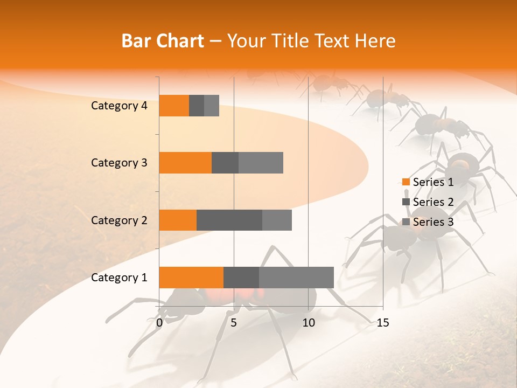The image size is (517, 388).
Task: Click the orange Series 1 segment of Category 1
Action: [191, 277]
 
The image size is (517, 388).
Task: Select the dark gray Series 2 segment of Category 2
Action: [229, 220]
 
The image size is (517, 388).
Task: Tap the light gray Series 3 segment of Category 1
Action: [296, 277]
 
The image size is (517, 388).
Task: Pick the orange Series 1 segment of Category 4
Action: [174, 106]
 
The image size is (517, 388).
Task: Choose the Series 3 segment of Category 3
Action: [261, 163]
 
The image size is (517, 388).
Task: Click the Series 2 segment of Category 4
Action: [197, 106]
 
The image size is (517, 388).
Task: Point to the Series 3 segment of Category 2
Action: [277, 220]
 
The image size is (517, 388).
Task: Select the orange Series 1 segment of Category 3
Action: [185, 163]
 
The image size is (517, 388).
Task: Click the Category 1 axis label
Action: [119, 278]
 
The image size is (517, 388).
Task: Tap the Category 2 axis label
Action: [119, 220]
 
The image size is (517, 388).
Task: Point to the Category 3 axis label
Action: [119, 163]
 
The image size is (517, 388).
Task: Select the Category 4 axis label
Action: [119, 106]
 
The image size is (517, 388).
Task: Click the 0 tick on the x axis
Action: [159, 323]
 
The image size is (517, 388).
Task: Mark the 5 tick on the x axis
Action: [234, 323]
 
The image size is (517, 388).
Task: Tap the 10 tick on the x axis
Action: [308, 323]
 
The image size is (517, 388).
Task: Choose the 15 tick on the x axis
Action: [382, 323]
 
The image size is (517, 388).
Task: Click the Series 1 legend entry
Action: [428, 182]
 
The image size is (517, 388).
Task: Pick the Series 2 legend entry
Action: [428, 202]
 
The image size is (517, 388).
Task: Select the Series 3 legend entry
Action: [428, 222]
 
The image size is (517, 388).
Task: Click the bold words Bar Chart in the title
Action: [163, 41]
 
